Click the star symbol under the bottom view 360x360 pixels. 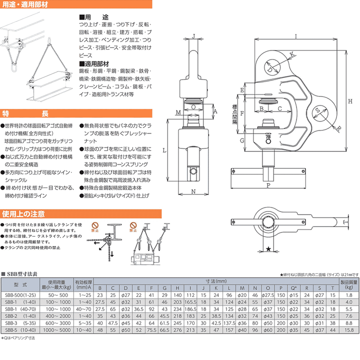(268, 248)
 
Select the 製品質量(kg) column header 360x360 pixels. (348, 284)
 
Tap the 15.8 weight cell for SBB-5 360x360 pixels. (348, 330)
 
